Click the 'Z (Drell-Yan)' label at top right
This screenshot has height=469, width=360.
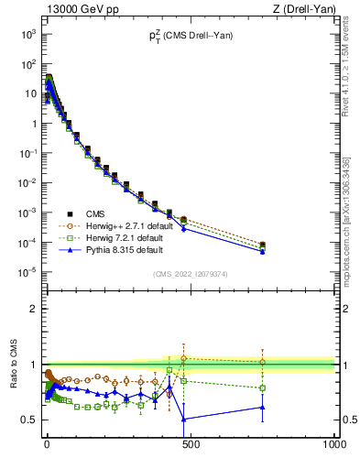302,9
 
